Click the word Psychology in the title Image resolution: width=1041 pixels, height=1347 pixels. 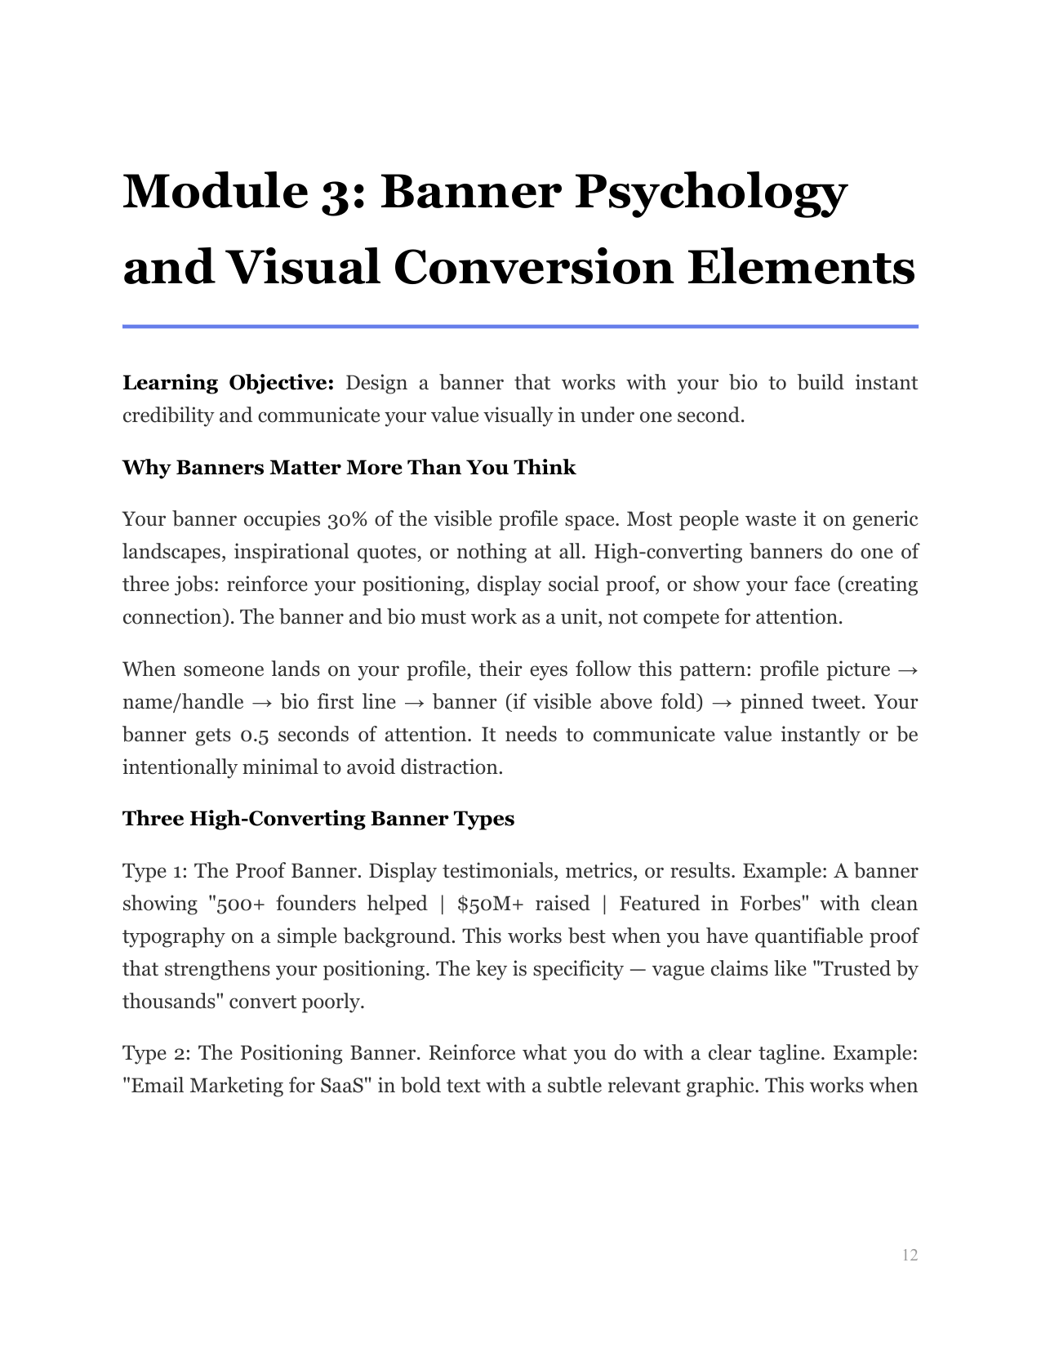710,193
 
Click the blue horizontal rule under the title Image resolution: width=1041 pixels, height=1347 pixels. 520,327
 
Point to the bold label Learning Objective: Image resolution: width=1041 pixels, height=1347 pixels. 228,383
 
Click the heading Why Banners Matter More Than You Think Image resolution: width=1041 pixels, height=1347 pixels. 349,468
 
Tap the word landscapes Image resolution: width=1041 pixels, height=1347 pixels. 172,553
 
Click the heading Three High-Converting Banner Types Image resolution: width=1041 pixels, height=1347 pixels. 318,819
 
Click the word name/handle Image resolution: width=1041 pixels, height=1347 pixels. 183,703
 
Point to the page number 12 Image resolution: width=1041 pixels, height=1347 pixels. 910,1256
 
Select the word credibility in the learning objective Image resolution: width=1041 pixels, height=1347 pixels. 167,416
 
